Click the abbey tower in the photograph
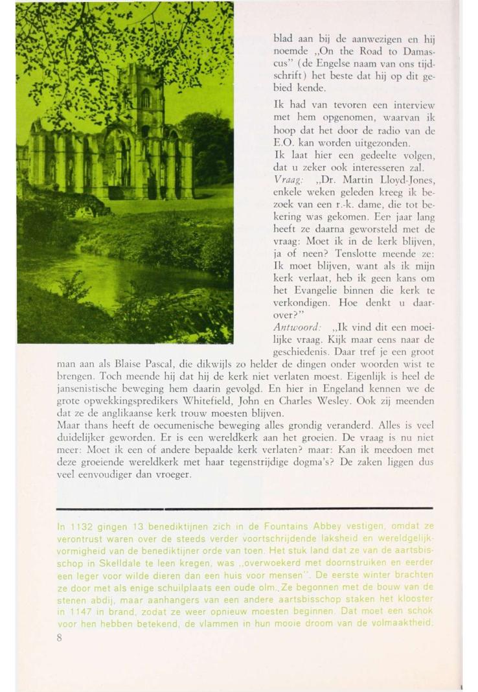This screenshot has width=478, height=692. point(146,97)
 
